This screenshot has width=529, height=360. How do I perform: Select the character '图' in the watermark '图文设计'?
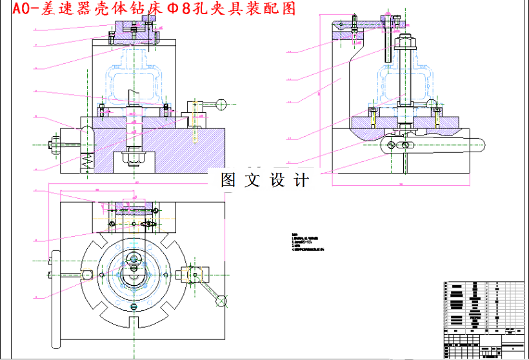228,180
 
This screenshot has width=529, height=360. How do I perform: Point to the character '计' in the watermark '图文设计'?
301,180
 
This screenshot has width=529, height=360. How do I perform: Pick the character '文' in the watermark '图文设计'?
252,180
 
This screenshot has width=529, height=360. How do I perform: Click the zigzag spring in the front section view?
85,161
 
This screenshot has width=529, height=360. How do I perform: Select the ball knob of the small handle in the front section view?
221,103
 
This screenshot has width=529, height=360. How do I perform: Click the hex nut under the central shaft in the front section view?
134,157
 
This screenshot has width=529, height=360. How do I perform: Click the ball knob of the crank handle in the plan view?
221,300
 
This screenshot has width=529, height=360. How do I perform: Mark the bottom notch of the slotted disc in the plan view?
134,321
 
